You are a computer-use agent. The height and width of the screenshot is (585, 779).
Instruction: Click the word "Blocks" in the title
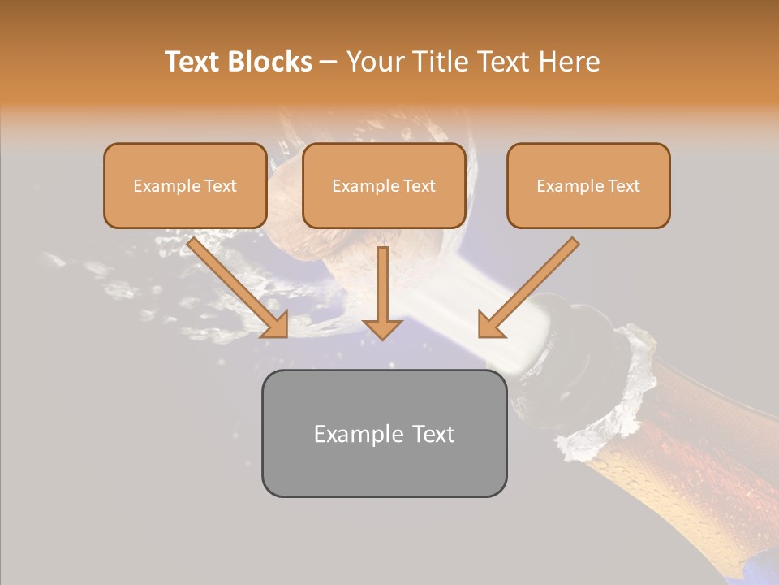(270, 62)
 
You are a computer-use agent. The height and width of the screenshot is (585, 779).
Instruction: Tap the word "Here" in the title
(569, 62)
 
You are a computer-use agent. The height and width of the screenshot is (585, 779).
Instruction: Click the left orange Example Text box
(185, 185)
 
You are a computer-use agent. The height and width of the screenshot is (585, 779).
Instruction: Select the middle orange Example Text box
(384, 185)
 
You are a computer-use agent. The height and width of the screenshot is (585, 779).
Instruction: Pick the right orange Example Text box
(588, 185)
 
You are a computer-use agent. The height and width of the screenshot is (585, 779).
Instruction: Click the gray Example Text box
(384, 433)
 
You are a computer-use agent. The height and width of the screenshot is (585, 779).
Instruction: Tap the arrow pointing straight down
(382, 292)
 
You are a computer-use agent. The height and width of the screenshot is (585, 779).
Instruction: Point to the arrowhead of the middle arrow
(382, 328)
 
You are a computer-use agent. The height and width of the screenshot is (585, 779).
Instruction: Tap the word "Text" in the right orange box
(623, 186)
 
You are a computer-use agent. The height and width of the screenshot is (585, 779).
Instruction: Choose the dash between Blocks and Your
(329, 62)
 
